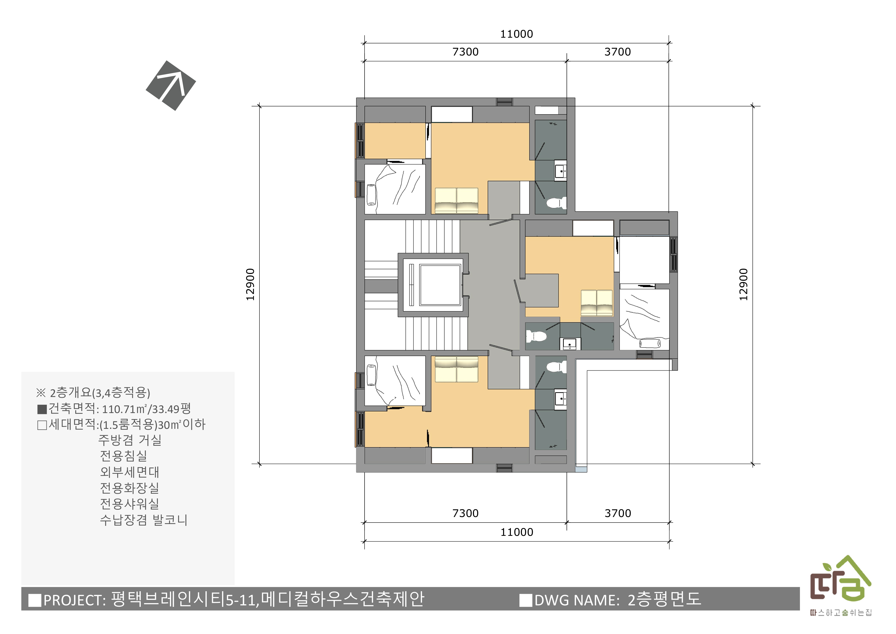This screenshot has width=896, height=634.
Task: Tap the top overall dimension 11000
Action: [x=516, y=34]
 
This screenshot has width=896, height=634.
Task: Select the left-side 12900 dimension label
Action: [x=250, y=284]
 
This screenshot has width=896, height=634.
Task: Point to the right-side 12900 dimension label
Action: [x=743, y=284]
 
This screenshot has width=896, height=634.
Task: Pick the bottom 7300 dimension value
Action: [x=465, y=513]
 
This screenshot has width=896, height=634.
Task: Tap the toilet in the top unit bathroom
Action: [x=556, y=203]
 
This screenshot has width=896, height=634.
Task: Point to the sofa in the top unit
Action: [x=456, y=201]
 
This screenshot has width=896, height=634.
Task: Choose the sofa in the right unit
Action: [x=597, y=303]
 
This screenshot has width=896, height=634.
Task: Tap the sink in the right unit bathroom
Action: [x=570, y=344]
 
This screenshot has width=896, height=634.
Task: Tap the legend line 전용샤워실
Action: [x=129, y=503]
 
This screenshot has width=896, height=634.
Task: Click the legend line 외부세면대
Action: [x=129, y=472]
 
